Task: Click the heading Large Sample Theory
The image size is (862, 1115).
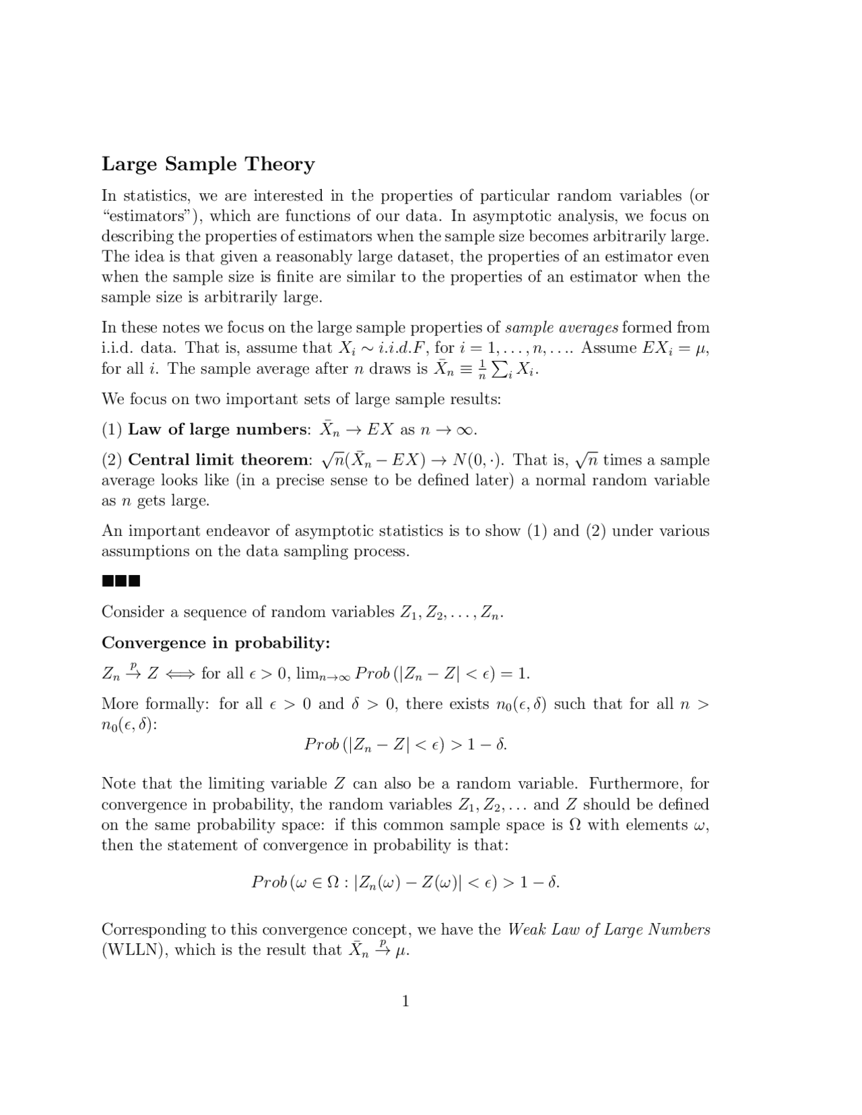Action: coord(208,164)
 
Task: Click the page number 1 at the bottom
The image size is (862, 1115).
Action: coord(405,1001)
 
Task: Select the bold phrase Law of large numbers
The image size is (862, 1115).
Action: coord(217,430)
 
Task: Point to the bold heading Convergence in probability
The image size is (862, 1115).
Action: coord(215,643)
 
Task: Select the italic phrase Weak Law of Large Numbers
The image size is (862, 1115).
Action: coord(608,930)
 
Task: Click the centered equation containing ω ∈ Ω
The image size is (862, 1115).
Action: coord(405,882)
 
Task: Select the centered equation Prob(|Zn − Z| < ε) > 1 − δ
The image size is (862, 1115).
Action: coord(405,745)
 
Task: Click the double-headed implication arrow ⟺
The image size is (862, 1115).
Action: coord(180,674)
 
